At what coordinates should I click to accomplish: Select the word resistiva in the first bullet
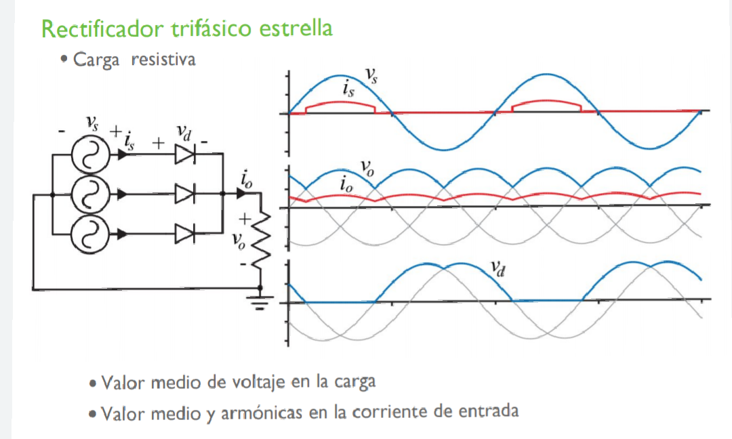(163, 60)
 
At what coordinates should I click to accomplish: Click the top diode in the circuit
(184, 155)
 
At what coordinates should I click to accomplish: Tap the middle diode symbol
(184, 194)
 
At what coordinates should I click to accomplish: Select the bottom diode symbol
(184, 234)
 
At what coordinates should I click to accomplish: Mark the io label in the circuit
(247, 180)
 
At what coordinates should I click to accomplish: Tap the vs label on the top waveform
(372, 74)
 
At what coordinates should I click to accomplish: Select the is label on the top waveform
(348, 89)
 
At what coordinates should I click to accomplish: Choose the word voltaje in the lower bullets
(258, 382)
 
